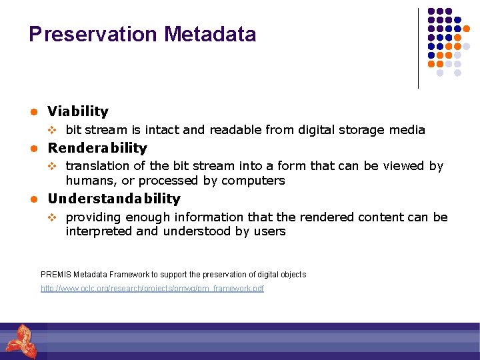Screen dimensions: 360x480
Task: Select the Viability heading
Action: click(x=78, y=111)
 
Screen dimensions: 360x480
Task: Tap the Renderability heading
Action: click(x=97, y=148)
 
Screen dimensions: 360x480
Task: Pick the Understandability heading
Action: click(x=114, y=199)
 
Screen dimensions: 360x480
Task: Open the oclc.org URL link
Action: click(x=152, y=289)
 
